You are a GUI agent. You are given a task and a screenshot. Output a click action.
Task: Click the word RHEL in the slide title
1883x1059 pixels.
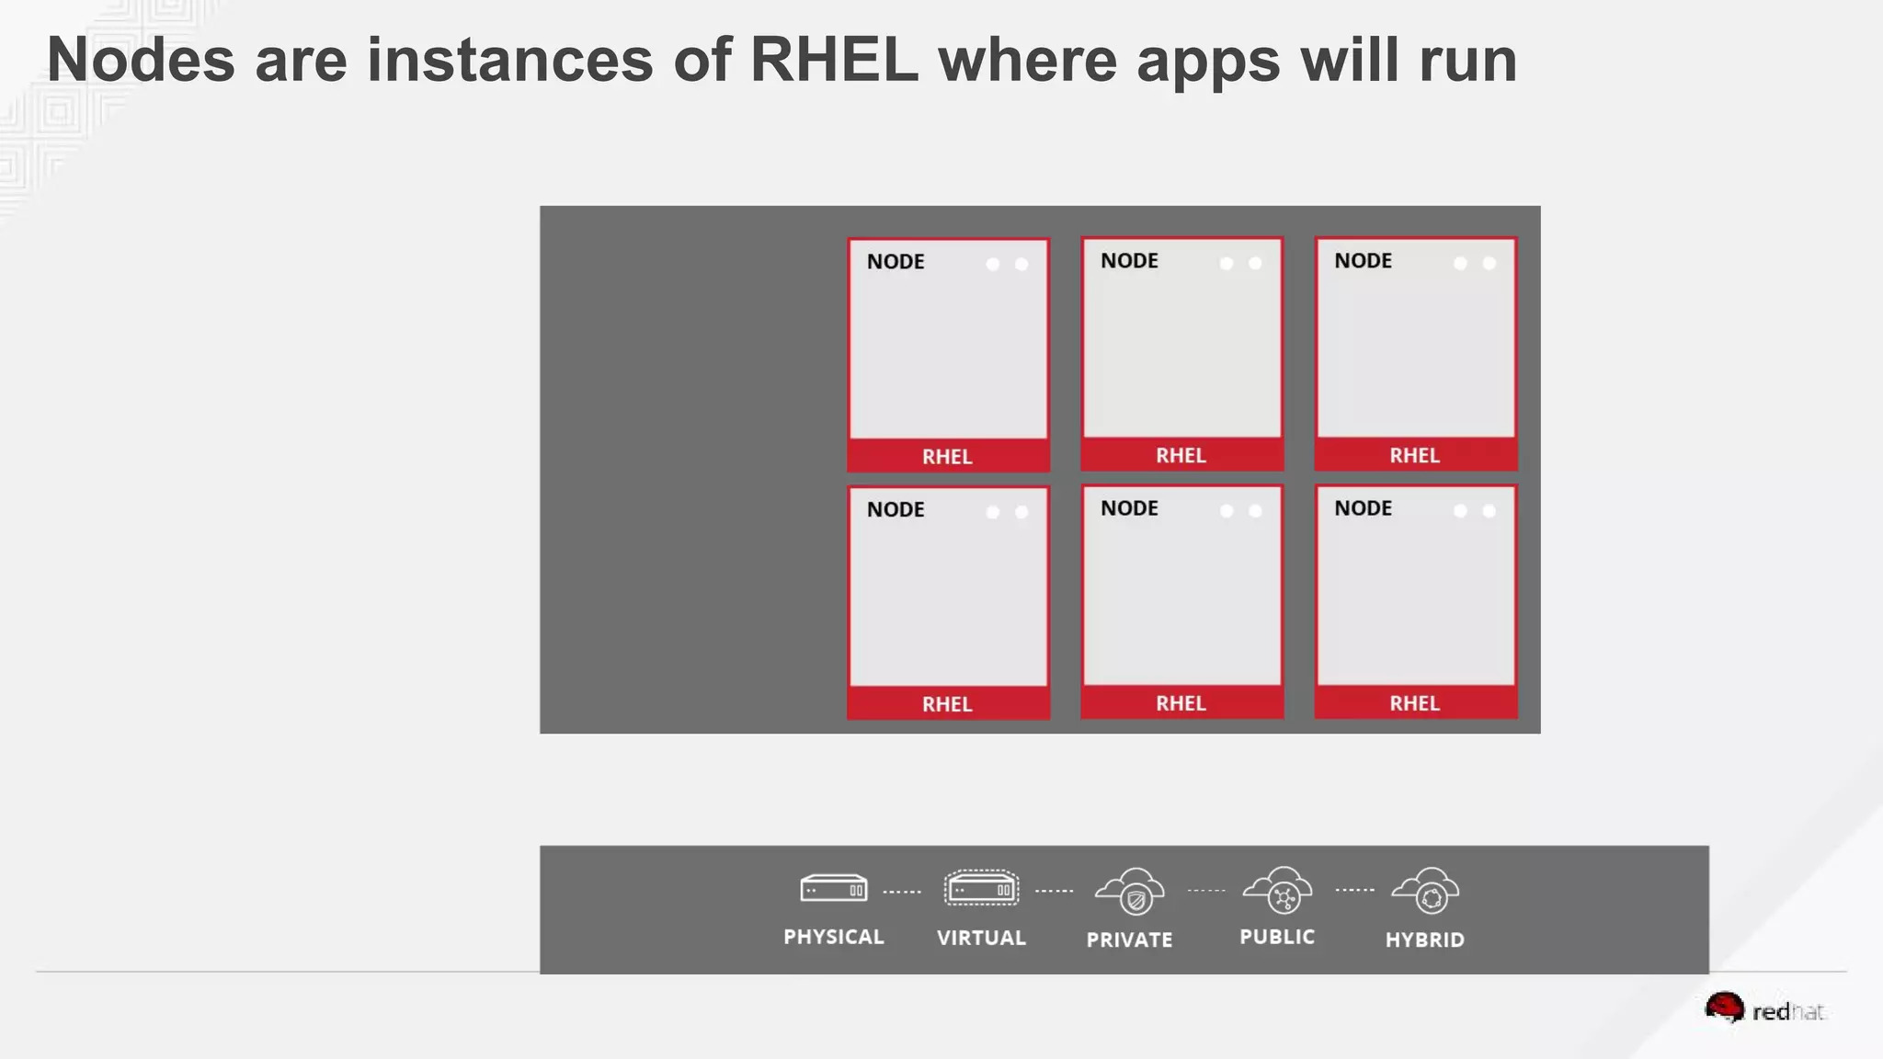pyautogui.click(x=834, y=61)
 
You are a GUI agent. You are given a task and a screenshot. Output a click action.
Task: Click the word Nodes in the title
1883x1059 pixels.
pyautogui.click(x=141, y=61)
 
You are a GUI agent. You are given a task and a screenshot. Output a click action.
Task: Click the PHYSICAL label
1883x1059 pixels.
pyautogui.click(x=833, y=937)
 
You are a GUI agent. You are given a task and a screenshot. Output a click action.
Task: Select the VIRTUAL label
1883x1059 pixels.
pyautogui.click(x=981, y=938)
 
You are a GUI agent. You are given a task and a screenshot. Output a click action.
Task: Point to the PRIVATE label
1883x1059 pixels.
pyautogui.click(x=1129, y=939)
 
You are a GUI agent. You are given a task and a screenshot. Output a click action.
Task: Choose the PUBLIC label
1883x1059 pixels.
pyautogui.click(x=1277, y=937)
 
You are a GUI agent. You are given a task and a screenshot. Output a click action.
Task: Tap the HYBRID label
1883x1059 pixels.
pyautogui.click(x=1425, y=939)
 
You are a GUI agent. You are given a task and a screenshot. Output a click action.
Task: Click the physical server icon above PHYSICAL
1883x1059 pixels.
pyautogui.click(x=833, y=888)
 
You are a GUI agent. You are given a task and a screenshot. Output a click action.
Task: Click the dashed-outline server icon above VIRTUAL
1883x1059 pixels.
pyautogui.click(x=981, y=888)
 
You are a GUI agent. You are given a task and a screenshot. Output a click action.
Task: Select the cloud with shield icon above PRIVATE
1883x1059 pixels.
pyautogui.click(x=1130, y=891)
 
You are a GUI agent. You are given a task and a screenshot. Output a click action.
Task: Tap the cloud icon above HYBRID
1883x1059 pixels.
pyautogui.click(x=1425, y=891)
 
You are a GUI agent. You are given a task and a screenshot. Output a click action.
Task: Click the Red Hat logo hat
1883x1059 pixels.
pyautogui.click(x=1724, y=1008)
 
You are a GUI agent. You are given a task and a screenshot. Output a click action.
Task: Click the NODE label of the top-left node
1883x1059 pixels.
pyautogui.click(x=896, y=262)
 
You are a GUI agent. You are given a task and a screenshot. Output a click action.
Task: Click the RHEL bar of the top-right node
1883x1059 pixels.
pyautogui.click(x=1415, y=455)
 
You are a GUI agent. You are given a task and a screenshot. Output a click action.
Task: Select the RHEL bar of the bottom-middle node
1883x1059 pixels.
pyautogui.click(x=1181, y=703)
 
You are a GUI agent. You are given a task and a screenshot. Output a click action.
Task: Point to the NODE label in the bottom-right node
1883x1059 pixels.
pyautogui.click(x=1364, y=508)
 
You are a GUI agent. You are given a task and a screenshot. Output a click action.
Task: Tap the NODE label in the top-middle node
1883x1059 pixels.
pyautogui.click(x=1130, y=261)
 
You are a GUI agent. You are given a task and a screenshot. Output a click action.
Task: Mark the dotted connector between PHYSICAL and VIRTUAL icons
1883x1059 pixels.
pyautogui.click(x=902, y=892)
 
